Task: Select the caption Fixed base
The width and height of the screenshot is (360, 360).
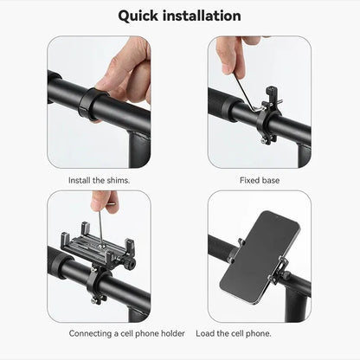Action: tap(259, 181)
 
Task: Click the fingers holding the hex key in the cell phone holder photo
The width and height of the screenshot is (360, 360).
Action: tap(105, 201)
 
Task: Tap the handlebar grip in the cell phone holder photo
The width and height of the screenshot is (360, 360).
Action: tap(62, 261)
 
